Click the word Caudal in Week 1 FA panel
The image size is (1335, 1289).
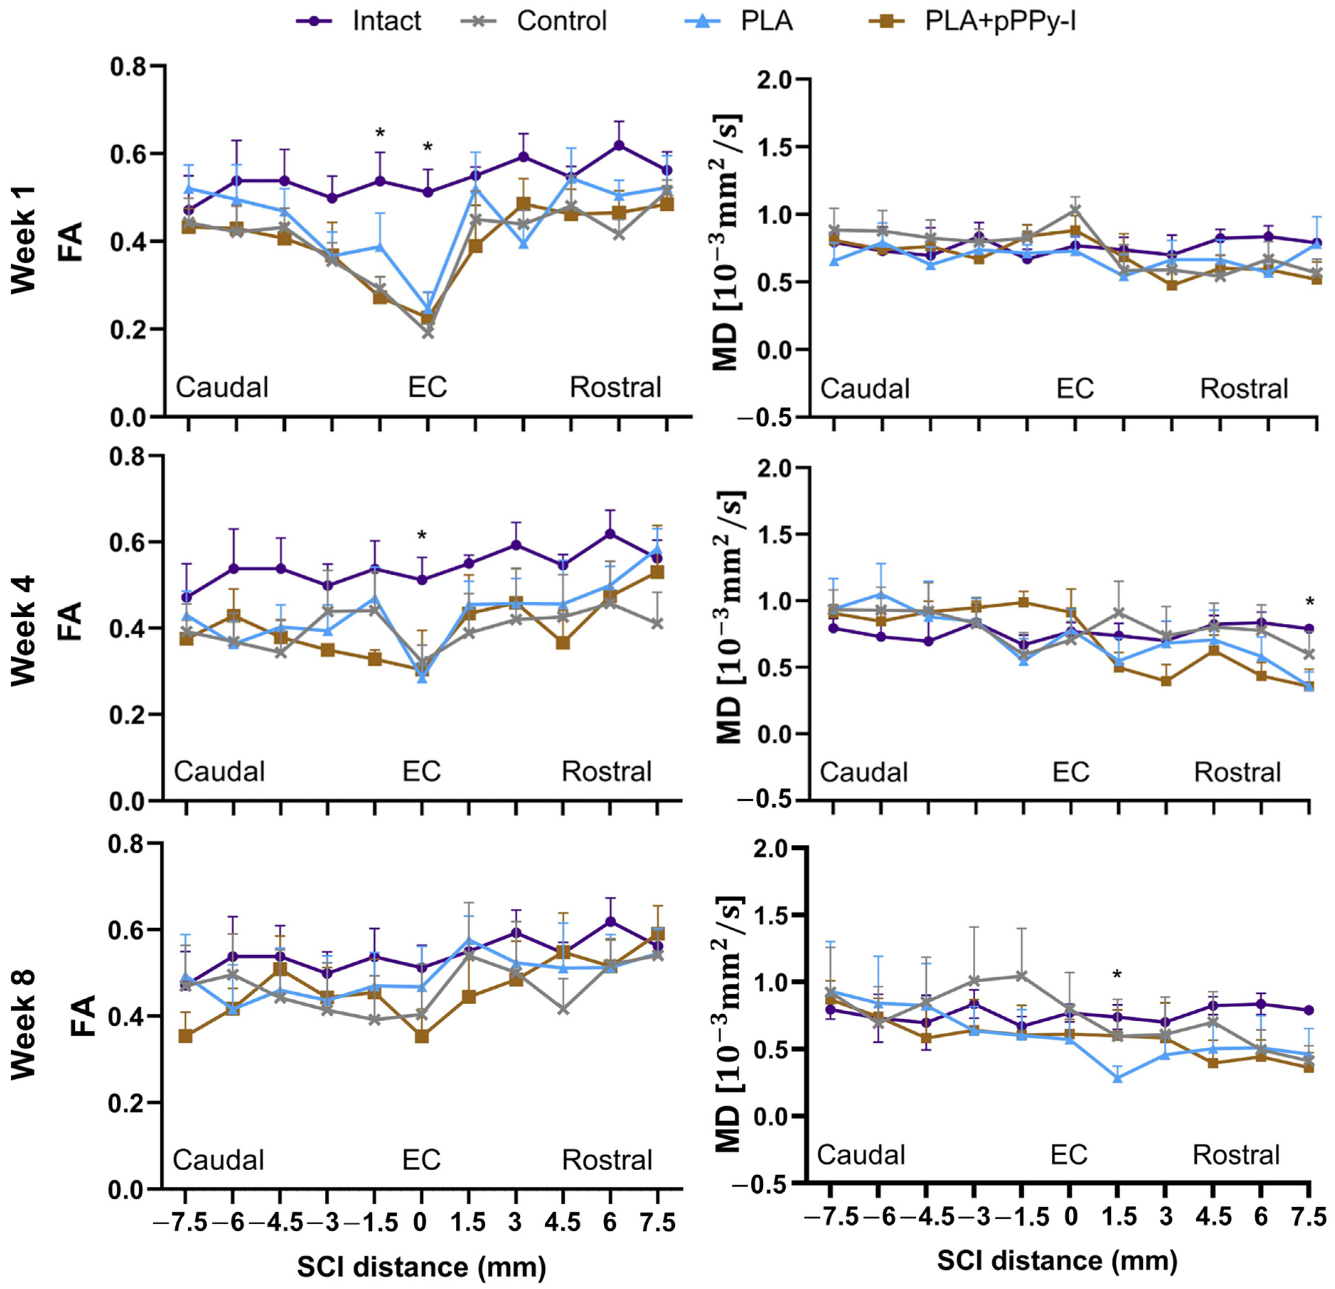click(222, 387)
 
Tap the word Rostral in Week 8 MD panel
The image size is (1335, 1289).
click(1236, 1155)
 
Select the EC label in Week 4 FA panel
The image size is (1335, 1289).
click(422, 772)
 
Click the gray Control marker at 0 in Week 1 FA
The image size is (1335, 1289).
click(428, 332)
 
